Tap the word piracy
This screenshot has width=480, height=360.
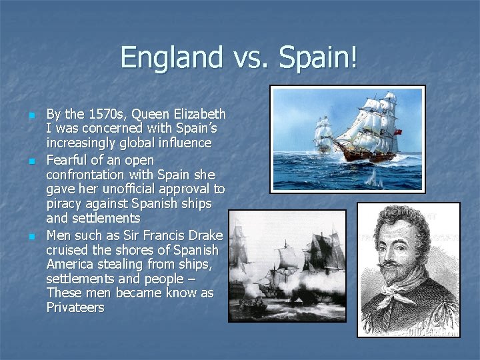[65, 204]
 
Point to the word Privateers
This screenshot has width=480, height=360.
[75, 307]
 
